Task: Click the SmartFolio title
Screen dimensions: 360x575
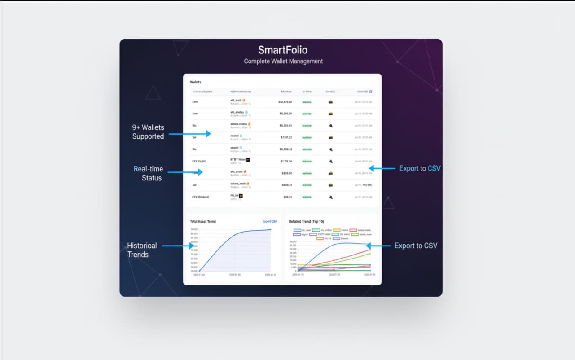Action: (x=283, y=50)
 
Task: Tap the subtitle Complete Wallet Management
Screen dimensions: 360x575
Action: (x=283, y=61)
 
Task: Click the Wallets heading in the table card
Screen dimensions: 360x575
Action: (x=196, y=82)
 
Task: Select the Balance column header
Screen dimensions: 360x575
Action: (x=286, y=92)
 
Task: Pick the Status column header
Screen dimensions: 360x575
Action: (x=307, y=92)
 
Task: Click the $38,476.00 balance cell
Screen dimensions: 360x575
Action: (x=285, y=102)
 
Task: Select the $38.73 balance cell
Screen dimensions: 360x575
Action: (x=287, y=197)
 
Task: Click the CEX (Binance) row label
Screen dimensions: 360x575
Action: (x=200, y=197)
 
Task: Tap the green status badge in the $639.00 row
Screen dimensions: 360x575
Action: (x=307, y=173)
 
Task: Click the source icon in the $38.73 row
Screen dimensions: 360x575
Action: (x=330, y=197)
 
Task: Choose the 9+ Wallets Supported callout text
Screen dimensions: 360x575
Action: (x=148, y=132)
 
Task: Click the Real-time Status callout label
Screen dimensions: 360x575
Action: (x=148, y=173)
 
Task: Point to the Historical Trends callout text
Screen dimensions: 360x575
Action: (x=142, y=250)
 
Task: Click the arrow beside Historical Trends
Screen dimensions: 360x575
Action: (x=178, y=246)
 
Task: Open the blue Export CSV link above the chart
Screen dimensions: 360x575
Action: (x=269, y=221)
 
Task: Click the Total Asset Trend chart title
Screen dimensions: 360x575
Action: (x=202, y=221)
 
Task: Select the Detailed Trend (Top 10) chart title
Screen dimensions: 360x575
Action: (x=306, y=221)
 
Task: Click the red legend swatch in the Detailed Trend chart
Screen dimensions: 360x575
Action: (x=353, y=230)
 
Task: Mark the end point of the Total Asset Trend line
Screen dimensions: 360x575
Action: (x=271, y=229)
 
